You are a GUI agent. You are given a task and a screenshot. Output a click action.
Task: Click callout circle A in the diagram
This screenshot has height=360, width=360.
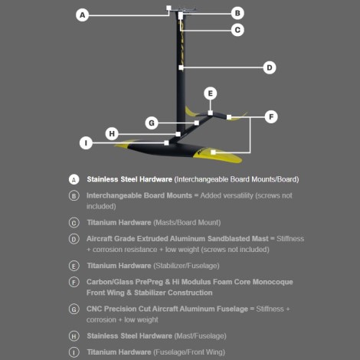coord(82,15)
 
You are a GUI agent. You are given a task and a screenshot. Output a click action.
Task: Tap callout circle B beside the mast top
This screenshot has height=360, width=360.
coord(237,13)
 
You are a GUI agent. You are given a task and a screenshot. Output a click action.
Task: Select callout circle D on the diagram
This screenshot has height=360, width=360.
coord(270,67)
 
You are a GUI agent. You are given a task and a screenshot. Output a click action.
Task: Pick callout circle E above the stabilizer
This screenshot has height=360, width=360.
coord(211,93)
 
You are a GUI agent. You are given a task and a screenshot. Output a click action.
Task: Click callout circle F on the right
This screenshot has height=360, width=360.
coord(271,117)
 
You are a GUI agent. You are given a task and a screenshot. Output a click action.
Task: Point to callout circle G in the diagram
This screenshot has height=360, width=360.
coord(152,123)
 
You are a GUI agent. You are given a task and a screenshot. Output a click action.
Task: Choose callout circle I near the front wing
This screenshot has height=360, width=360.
coord(86,143)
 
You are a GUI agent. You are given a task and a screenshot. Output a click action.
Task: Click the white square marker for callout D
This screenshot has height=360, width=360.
coord(181,67)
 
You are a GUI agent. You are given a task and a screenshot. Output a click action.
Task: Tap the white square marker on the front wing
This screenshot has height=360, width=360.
coord(213,152)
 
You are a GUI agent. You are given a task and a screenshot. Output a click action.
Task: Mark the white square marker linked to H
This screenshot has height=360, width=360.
coord(178,134)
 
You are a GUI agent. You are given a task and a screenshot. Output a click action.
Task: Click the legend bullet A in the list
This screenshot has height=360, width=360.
coord(74,179)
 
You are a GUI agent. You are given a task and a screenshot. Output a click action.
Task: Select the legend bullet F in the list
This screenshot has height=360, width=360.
coord(74,282)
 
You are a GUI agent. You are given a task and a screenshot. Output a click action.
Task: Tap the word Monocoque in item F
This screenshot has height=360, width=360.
coord(273,282)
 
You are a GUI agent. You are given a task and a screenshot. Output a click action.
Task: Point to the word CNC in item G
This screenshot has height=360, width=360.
coord(94,309)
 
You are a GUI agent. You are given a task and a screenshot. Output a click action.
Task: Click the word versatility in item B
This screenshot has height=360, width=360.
coord(238,195)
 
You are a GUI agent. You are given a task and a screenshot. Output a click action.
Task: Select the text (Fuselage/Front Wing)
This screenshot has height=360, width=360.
coord(189,352)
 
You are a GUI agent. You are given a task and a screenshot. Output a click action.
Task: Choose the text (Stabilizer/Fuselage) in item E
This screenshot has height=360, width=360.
coord(186,266)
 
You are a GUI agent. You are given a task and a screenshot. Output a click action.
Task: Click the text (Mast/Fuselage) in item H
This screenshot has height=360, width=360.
coord(200,336)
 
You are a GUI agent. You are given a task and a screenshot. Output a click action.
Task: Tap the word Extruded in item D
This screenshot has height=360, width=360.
coord(150,239)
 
